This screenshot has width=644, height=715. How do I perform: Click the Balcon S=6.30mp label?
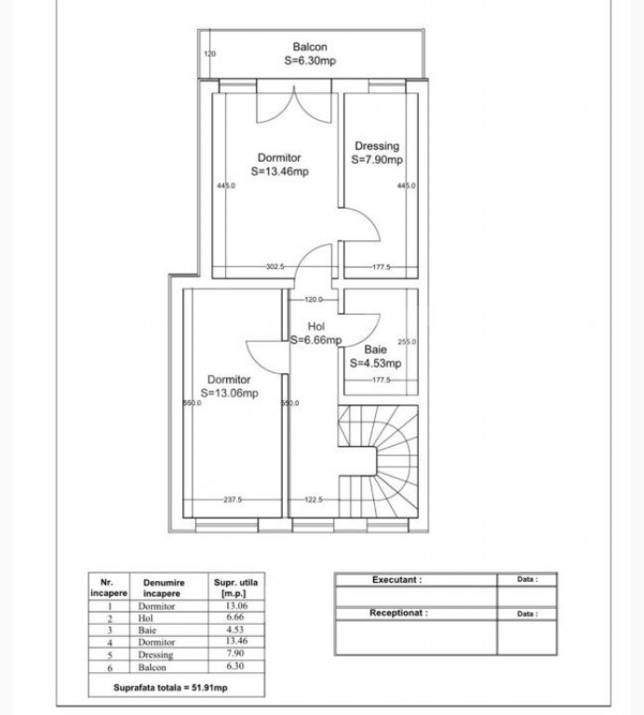click(310, 53)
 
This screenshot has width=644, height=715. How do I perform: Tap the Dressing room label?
click(377, 153)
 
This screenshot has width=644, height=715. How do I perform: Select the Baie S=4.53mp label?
click(375, 357)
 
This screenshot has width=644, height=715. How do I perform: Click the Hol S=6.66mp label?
click(315, 333)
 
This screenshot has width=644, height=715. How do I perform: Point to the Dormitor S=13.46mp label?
click(279, 165)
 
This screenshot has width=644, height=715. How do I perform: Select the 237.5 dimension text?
click(233, 500)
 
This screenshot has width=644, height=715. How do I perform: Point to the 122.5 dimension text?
click(314, 500)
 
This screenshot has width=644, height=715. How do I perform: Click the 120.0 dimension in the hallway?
click(314, 300)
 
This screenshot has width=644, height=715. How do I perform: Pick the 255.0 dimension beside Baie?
click(407, 342)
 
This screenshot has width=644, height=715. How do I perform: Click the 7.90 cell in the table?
click(235, 654)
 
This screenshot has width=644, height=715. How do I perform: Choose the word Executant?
click(396, 579)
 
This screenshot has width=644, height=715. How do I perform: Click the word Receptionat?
click(398, 614)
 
